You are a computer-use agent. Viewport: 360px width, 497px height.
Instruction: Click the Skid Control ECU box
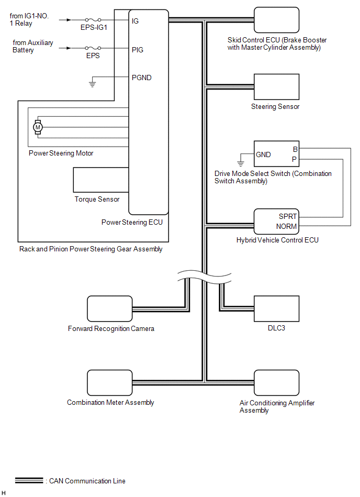(276, 20)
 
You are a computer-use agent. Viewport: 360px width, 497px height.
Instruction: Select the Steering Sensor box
(276, 87)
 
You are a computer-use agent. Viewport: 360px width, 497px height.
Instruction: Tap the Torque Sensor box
(101, 180)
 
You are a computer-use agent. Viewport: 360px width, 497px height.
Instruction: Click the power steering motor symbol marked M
(38, 127)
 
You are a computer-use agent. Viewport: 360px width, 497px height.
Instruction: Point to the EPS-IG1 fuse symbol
(93, 20)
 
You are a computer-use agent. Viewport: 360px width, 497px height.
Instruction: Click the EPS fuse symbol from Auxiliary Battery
(93, 48)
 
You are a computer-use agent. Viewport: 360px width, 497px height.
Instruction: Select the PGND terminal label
(141, 78)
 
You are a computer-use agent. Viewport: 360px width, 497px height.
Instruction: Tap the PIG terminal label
(138, 50)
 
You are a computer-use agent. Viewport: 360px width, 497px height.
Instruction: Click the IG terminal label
(135, 21)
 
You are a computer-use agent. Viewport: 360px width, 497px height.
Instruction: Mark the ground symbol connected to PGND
(92, 84)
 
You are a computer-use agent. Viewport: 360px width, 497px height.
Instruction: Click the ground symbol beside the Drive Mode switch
(241, 163)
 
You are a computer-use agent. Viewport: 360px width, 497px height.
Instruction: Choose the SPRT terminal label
(288, 216)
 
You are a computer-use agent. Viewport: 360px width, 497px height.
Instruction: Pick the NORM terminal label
(287, 226)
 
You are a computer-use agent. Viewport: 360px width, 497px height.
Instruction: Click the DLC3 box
(276, 308)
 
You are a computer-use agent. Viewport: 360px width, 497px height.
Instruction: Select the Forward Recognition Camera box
(109, 308)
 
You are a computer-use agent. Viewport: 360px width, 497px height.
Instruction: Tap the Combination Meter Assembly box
(109, 383)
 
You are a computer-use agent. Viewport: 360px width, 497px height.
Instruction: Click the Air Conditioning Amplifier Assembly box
(276, 383)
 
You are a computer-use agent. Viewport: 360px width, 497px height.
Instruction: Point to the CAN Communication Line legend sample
(29, 481)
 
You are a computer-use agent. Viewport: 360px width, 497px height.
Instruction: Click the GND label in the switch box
(263, 154)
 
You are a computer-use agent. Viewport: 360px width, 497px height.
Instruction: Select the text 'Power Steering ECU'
(132, 222)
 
